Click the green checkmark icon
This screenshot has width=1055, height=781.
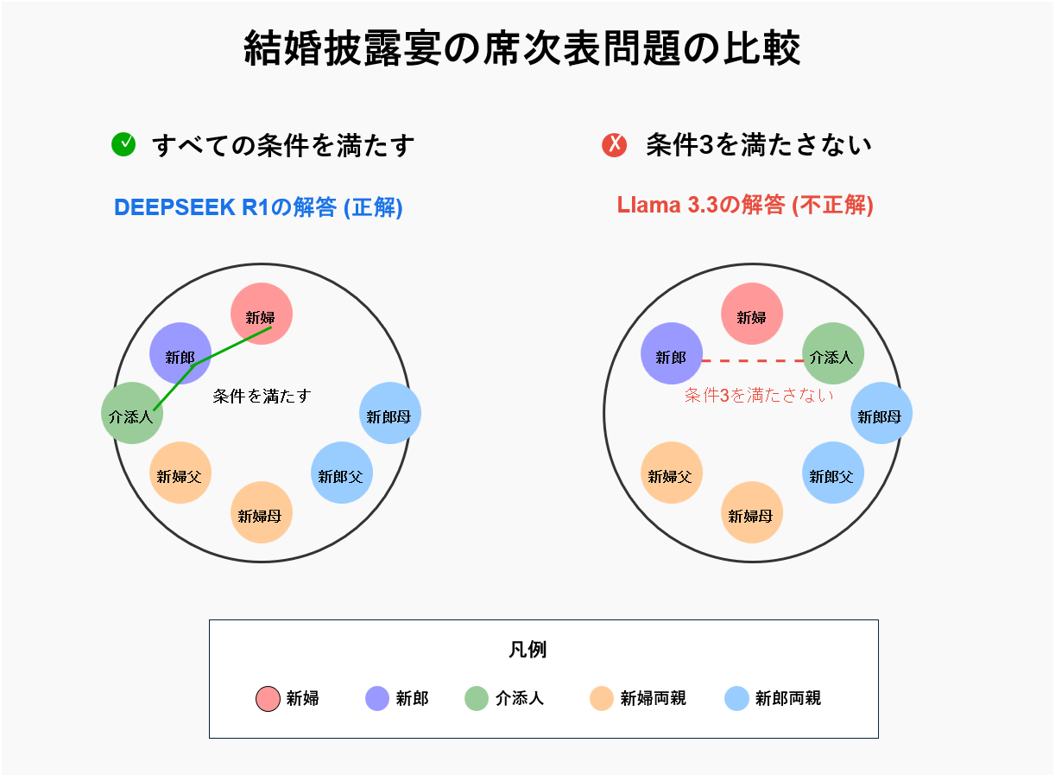tap(123, 143)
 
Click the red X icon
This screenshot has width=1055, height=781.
tap(614, 144)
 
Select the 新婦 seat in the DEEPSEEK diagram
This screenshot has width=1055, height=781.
tap(261, 313)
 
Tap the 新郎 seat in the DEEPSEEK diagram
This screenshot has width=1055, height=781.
tap(180, 353)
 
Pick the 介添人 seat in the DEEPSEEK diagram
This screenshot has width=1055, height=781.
tap(132, 413)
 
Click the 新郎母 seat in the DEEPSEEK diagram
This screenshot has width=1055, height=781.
tap(390, 413)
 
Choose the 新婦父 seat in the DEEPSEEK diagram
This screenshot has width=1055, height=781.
tap(180, 472)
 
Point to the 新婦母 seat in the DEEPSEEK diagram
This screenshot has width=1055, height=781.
tap(261, 512)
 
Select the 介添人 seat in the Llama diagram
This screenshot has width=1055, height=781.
tap(833, 353)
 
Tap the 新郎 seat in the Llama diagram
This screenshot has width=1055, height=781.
tap(671, 353)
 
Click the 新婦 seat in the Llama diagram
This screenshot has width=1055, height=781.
tap(751, 313)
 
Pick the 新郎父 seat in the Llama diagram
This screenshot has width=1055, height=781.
tap(833, 472)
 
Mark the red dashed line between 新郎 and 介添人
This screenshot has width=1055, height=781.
tap(753, 361)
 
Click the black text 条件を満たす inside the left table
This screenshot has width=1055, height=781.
tap(262, 396)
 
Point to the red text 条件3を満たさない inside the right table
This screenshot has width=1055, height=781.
tap(759, 395)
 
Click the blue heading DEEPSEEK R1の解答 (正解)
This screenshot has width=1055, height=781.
tap(258, 207)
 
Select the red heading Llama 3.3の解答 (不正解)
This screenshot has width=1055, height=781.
tap(745, 205)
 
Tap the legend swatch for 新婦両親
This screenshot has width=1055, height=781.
tap(601, 698)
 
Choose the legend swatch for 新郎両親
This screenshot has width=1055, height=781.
tap(736, 698)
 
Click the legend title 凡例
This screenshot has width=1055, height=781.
tap(527, 649)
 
